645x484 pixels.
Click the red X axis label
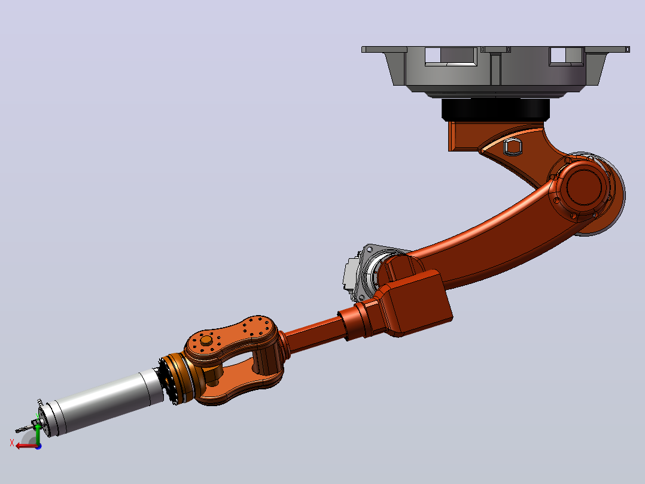tap(12, 443)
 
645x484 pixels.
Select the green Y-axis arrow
tap(38, 433)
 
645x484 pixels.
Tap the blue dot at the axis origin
tap(38, 446)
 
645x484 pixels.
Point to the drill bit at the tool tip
tap(25, 428)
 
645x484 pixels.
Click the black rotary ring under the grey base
tap(495, 110)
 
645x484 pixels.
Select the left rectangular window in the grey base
tap(451, 56)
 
